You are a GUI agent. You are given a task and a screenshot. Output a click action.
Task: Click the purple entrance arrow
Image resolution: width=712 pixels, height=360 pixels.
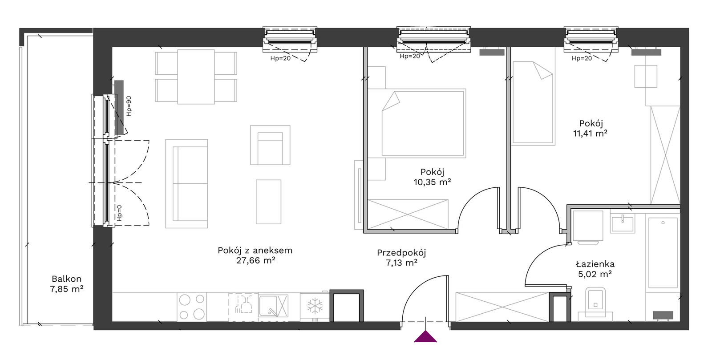coord(425,336)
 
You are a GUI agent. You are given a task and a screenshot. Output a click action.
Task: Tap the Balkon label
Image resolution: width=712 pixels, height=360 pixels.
coord(66,279)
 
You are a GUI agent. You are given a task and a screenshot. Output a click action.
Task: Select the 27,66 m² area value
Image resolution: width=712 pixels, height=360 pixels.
coord(255,261)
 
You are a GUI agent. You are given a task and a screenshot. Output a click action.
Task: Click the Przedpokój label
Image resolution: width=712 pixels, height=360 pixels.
coord(401,253)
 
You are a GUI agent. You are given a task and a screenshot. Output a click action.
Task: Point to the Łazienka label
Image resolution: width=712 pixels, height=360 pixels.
coord(595,264)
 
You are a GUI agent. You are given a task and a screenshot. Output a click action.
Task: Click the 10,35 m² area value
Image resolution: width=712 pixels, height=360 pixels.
coord(432,182)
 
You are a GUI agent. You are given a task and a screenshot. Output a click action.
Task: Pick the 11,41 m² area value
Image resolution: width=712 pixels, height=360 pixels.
coord(590,133)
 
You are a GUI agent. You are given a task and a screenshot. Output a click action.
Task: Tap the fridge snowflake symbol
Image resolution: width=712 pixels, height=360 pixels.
coord(315,306)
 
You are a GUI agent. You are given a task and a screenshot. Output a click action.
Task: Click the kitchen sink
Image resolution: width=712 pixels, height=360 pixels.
coord(273,306)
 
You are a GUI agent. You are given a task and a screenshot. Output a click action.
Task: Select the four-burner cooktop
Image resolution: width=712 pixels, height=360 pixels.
coord(192,307)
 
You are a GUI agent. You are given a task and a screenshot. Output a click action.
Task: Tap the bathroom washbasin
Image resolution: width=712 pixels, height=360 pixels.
coord(623,223)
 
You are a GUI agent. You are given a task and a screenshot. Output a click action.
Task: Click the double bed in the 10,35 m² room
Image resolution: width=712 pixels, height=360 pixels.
coord(423,123)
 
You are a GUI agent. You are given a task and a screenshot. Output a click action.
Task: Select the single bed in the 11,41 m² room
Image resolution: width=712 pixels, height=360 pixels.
coord(533,103)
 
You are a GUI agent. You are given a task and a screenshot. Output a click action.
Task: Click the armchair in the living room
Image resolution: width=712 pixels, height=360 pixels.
coord(270,145)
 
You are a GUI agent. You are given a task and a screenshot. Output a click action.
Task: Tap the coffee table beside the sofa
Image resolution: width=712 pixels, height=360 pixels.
coord(269,202)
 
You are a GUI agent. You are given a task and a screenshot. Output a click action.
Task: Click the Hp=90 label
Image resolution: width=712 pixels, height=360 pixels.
coord(129,106)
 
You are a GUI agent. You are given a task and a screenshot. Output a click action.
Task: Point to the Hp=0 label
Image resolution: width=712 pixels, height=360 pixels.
coord(119,213)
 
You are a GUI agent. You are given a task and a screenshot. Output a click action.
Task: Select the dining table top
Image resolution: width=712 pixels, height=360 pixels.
coord(196,77)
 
